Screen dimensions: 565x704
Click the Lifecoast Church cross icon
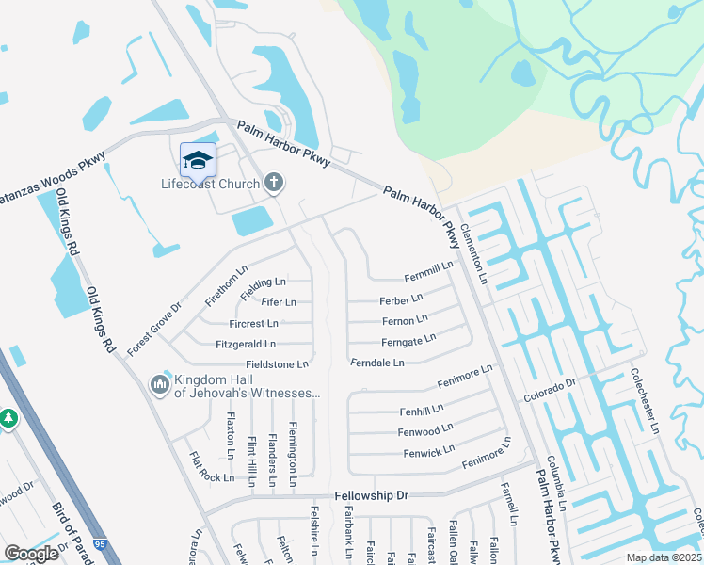pyautogui.click(x=273, y=182)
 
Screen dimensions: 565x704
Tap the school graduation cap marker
pyautogui.click(x=198, y=160)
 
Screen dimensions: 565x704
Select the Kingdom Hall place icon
pyautogui.click(x=157, y=384)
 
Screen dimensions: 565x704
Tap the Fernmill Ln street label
pyautogui.click(x=429, y=273)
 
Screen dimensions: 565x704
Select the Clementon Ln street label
pyautogui.click(x=481, y=258)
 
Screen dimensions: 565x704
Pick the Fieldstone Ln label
pyautogui.click(x=277, y=364)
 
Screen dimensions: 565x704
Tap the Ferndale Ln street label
pyautogui.click(x=376, y=363)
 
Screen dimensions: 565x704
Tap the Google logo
pyautogui.click(x=31, y=554)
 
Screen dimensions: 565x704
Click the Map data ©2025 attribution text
pyautogui.click(x=664, y=557)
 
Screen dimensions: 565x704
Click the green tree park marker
pyautogui.click(x=8, y=418)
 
